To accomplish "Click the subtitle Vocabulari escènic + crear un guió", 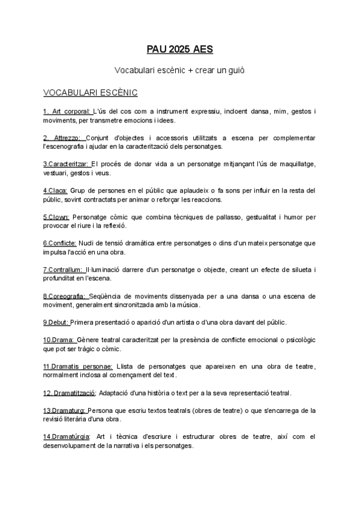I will click(x=179, y=70).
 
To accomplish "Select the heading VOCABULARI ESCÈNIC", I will click(x=90, y=92).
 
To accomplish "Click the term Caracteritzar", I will click(x=68, y=164).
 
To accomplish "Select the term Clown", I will click(x=58, y=217).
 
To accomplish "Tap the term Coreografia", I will click(x=68, y=296).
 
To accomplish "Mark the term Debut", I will click(x=58, y=322).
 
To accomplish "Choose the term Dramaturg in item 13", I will click(x=68, y=411).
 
